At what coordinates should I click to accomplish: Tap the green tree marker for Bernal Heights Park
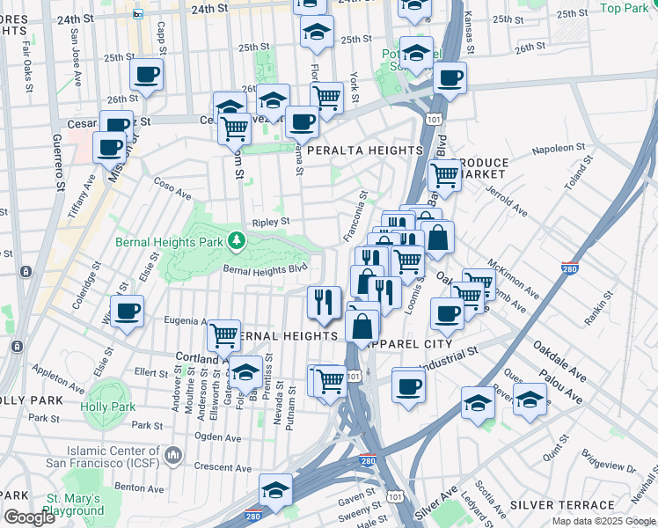coord(236,239)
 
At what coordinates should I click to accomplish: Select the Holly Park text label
coord(108,407)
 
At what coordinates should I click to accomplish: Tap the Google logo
coord(29,517)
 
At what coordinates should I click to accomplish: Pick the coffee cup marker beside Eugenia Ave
coord(127,311)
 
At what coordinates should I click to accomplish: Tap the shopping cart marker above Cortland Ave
coord(224,334)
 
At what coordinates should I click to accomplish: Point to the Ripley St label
coord(271,223)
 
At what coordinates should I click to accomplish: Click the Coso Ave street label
coord(172,189)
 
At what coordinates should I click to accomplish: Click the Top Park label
coord(624,8)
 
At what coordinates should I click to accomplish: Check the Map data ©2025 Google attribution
coord(603,521)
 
